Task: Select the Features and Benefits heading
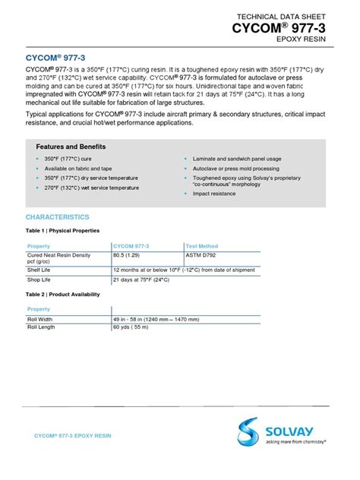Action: tap(71, 147)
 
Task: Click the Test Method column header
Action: tap(202, 246)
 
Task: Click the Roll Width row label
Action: tap(43, 319)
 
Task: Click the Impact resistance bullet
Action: tap(215, 194)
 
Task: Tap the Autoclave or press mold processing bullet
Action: tap(238, 169)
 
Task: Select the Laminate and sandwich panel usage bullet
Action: tap(235, 159)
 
